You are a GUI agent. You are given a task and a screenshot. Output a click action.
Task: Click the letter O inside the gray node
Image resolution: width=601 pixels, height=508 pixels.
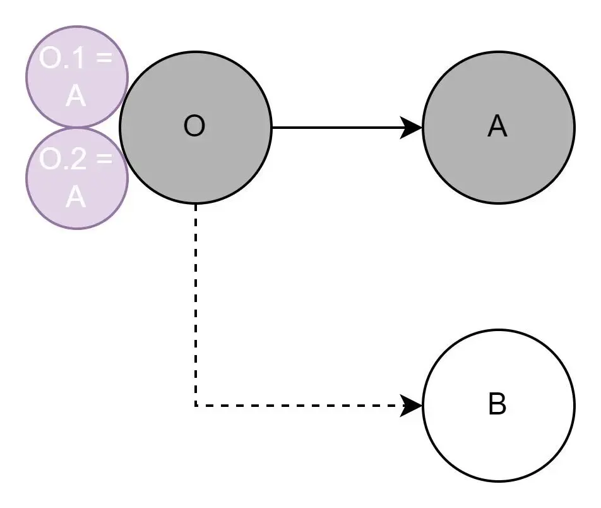[x=194, y=127]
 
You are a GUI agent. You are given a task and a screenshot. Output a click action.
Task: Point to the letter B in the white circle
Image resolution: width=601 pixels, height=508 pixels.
[x=497, y=404]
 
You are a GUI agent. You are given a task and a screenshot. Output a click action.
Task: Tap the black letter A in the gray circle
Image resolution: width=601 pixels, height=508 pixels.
[x=497, y=127]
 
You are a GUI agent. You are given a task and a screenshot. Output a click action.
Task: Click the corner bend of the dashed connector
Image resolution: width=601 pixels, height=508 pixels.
[x=196, y=404]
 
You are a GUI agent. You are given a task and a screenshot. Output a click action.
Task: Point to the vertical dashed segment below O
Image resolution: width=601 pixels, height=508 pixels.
[x=196, y=303]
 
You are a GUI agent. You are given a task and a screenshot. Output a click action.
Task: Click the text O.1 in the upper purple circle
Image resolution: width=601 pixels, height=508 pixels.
[x=61, y=59]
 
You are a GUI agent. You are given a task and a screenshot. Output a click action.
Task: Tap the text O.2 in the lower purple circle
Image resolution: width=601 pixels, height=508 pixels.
[x=61, y=159]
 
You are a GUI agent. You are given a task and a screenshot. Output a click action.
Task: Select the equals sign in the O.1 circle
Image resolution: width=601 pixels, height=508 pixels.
[x=104, y=59]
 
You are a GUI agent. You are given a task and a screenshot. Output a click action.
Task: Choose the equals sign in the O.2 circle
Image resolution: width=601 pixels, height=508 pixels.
[x=104, y=159]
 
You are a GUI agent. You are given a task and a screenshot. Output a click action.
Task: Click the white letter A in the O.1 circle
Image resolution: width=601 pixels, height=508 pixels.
[x=76, y=97]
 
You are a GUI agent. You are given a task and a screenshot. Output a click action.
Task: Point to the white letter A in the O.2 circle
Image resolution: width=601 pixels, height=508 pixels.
[x=76, y=197]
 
